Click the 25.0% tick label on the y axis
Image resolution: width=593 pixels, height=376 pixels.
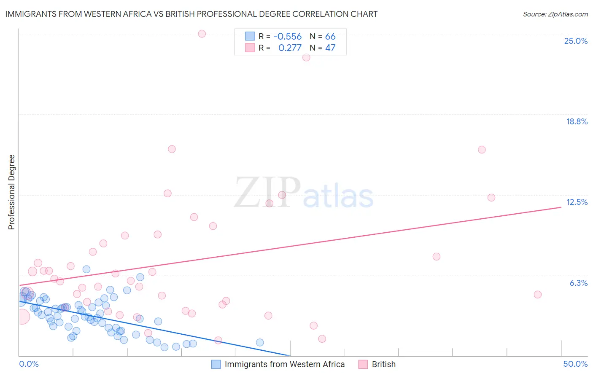pyautogui.click(x=576, y=41)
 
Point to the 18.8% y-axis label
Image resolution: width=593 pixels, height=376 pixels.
pyautogui.click(x=577, y=121)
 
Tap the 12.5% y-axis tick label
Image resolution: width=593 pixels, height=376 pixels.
pyautogui.click(x=577, y=202)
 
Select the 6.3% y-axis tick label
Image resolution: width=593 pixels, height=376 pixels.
pyautogui.click(x=578, y=283)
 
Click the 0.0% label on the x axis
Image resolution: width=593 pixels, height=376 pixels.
pyautogui.click(x=29, y=364)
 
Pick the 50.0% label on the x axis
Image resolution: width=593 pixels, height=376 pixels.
pyautogui.click(x=575, y=364)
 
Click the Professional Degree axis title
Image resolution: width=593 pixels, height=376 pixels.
pyautogui.click(x=11, y=192)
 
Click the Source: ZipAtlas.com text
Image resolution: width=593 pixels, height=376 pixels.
pyautogui.click(x=555, y=14)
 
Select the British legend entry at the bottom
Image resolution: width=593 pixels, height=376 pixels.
pyautogui.click(x=383, y=364)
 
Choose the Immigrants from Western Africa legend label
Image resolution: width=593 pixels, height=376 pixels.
pyautogui.click(x=284, y=364)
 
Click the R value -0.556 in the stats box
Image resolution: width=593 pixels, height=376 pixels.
pyautogui.click(x=287, y=37)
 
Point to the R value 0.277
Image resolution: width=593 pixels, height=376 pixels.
pyautogui.click(x=290, y=48)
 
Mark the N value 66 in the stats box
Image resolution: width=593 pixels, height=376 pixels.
pyautogui.click(x=330, y=37)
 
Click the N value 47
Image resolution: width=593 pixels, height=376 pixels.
pyautogui.click(x=330, y=48)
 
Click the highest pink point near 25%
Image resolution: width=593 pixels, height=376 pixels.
pyautogui.click(x=202, y=34)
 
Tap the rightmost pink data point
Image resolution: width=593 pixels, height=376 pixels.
pyautogui.click(x=537, y=295)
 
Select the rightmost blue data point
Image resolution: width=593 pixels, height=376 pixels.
pyautogui.click(x=260, y=342)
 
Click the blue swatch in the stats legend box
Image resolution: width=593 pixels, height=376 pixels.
pyautogui.click(x=250, y=36)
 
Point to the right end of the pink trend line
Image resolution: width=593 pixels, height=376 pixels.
pyautogui.click(x=561, y=207)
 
